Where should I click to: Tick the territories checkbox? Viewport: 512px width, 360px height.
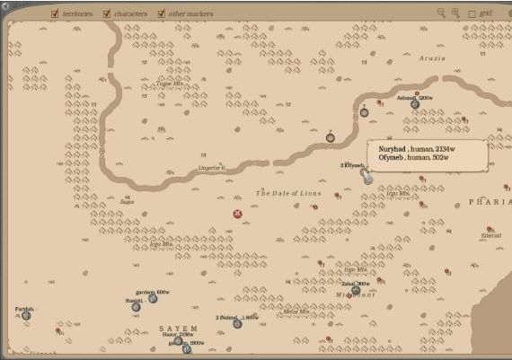coord(55,14)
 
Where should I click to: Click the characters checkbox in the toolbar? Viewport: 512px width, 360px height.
coord(107,14)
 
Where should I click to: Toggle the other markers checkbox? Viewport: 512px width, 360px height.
coord(162,14)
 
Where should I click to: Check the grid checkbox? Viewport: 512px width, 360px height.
coord(472,14)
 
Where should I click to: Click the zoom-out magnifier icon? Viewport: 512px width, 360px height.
coord(441,13)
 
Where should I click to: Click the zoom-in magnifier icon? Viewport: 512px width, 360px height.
coord(455,13)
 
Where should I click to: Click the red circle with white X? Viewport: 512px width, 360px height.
coord(237,214)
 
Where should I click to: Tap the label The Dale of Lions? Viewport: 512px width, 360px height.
coord(288,193)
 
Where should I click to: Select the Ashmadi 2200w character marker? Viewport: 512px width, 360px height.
coord(415,104)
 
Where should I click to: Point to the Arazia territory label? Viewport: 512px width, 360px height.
coord(432,57)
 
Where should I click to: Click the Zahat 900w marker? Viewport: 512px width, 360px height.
coord(356,290)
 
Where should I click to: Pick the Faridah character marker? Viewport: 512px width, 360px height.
coord(26,315)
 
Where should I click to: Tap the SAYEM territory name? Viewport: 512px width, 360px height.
coord(178,329)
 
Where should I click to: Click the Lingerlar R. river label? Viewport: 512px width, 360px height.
coord(212,168)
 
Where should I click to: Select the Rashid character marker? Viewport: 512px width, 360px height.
coord(136,307)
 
